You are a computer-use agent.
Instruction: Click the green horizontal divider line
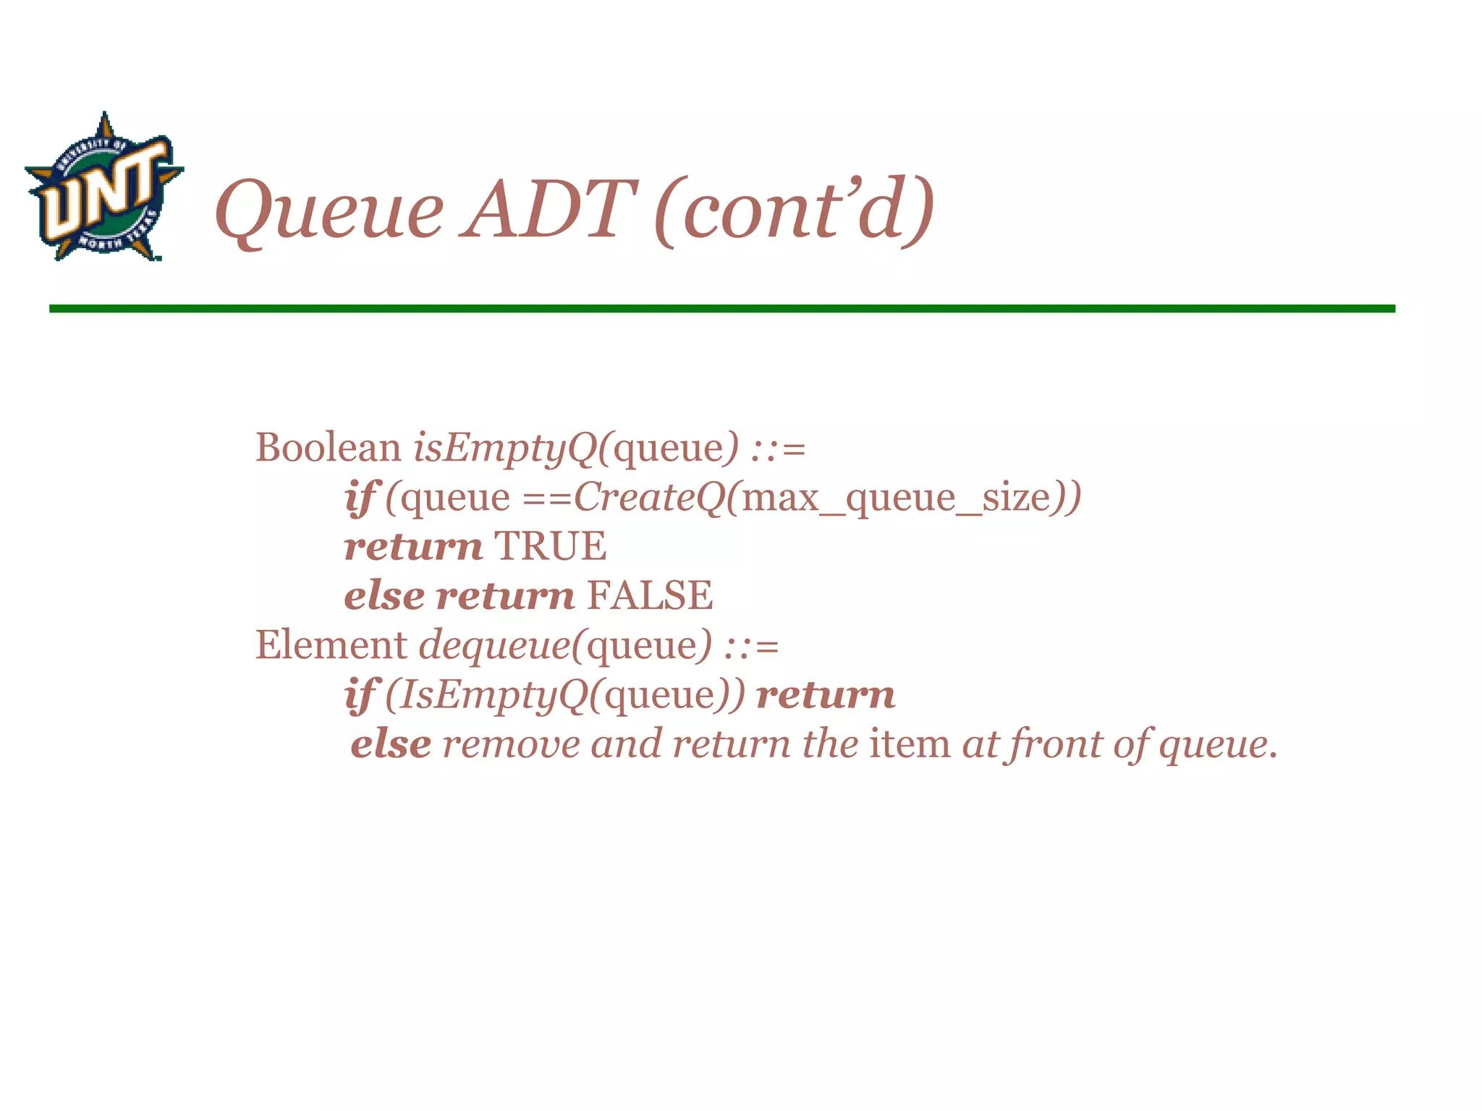pos(721,309)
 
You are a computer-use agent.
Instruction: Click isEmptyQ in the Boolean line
pos(506,448)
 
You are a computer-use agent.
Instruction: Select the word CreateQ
pos(649,498)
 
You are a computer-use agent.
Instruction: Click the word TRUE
pos(550,546)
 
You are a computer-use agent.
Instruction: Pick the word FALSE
pos(650,595)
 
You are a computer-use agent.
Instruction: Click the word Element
pos(331,644)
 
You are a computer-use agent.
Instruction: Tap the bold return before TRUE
pos(413,547)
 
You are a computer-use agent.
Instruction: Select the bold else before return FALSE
pos(384,595)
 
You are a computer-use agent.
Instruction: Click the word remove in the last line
pos(511,744)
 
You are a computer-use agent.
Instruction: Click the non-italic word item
pos(910,744)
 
